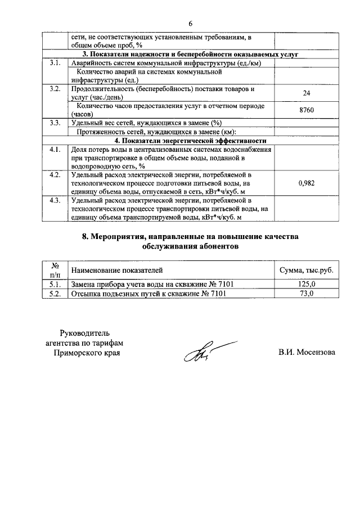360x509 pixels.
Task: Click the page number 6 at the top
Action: [x=190, y=24]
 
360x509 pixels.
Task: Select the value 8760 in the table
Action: [x=307, y=110]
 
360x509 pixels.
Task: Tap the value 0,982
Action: [x=307, y=183]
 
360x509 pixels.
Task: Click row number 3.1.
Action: [x=55, y=63]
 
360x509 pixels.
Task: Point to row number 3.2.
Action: [x=55, y=89]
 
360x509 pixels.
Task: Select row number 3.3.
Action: [x=55, y=123]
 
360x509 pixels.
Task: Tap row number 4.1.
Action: [x=55, y=149]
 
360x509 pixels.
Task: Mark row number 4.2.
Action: [x=55, y=175]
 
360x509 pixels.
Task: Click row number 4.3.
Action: [x=55, y=200]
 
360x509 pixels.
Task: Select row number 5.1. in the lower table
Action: [x=55, y=285]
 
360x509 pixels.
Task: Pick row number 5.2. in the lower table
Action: [x=55, y=294]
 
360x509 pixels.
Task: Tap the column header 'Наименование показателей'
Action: [x=116, y=271]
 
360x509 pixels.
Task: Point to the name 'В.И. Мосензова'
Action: [x=307, y=353]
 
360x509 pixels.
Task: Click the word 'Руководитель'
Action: [x=85, y=332]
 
